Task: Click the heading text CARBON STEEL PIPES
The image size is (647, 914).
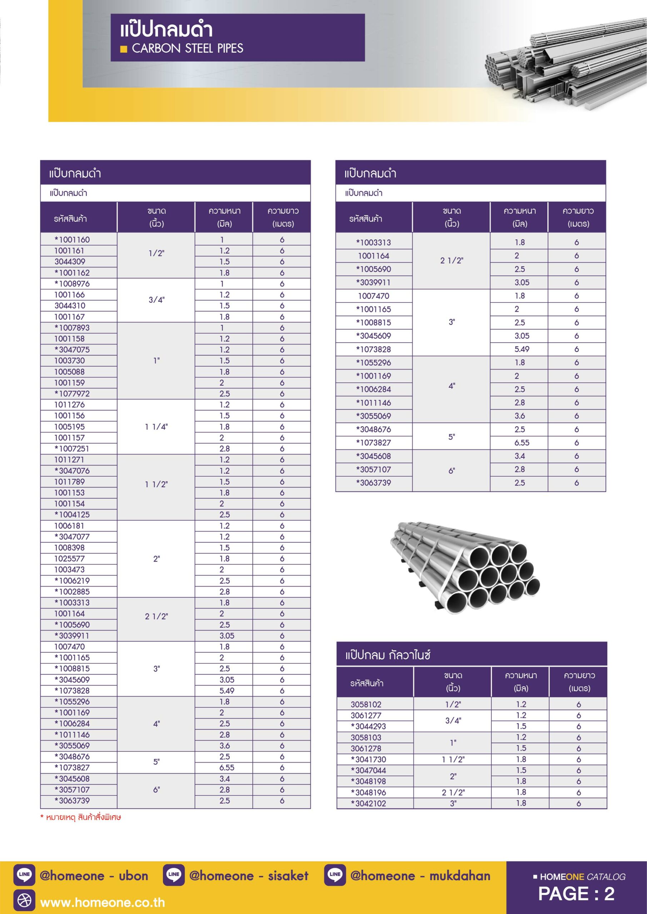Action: pos(187,49)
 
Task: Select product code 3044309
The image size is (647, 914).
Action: pos(70,262)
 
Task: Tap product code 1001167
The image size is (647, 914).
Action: pos(70,317)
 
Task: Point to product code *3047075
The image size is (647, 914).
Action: pos(72,350)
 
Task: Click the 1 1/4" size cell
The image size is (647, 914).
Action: pos(156,427)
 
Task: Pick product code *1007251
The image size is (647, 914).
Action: pos(72,449)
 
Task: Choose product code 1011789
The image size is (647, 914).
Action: pos(70,482)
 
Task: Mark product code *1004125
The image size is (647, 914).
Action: pos(72,515)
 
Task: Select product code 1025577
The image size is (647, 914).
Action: pos(70,558)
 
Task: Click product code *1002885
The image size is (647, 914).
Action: pos(72,592)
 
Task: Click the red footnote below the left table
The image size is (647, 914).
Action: pos(80,818)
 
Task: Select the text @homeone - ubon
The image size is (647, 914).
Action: pos(94,876)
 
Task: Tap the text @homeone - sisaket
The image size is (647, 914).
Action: pos(249,876)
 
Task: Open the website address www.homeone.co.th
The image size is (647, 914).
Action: pos(103,903)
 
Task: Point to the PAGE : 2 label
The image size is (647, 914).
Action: pos(576,894)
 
